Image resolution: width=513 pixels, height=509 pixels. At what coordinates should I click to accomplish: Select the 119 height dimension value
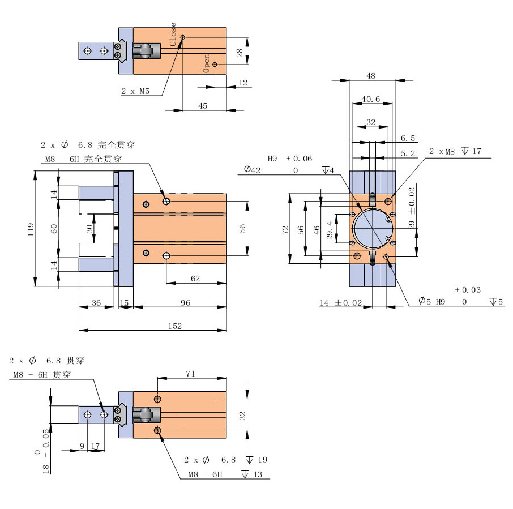click(x=31, y=229)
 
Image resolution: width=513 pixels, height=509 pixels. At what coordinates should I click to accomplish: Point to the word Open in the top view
click(x=207, y=63)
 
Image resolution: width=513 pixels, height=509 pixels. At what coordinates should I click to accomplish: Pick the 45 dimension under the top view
click(x=203, y=105)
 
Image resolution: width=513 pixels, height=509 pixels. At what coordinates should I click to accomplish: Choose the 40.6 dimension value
click(x=371, y=99)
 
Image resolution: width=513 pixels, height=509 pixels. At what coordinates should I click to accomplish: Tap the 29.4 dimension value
click(x=331, y=229)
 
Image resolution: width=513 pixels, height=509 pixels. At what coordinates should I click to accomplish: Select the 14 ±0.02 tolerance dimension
click(x=340, y=303)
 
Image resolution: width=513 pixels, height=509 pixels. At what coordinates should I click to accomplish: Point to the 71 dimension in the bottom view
click(x=190, y=373)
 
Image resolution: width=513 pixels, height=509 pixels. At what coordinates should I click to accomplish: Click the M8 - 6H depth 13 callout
click(x=225, y=474)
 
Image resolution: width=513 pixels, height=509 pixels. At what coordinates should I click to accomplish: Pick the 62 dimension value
click(x=195, y=278)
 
